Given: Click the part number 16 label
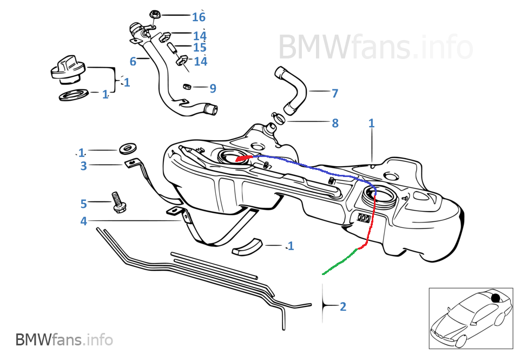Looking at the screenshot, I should point(199,17).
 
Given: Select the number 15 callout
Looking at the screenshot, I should point(200,48).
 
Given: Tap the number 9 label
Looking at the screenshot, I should point(213,88).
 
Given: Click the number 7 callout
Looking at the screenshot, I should point(335,93).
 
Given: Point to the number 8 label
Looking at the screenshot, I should point(335,123).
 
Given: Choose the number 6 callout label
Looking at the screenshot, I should point(133,62).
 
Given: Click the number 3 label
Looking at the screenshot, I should point(83,166).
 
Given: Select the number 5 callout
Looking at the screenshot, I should point(83,204).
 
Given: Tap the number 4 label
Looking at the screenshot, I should point(83,221).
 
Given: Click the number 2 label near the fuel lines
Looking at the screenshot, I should point(342,306).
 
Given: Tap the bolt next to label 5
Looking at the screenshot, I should point(116,202).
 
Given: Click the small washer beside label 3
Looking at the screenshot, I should point(128,148).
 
